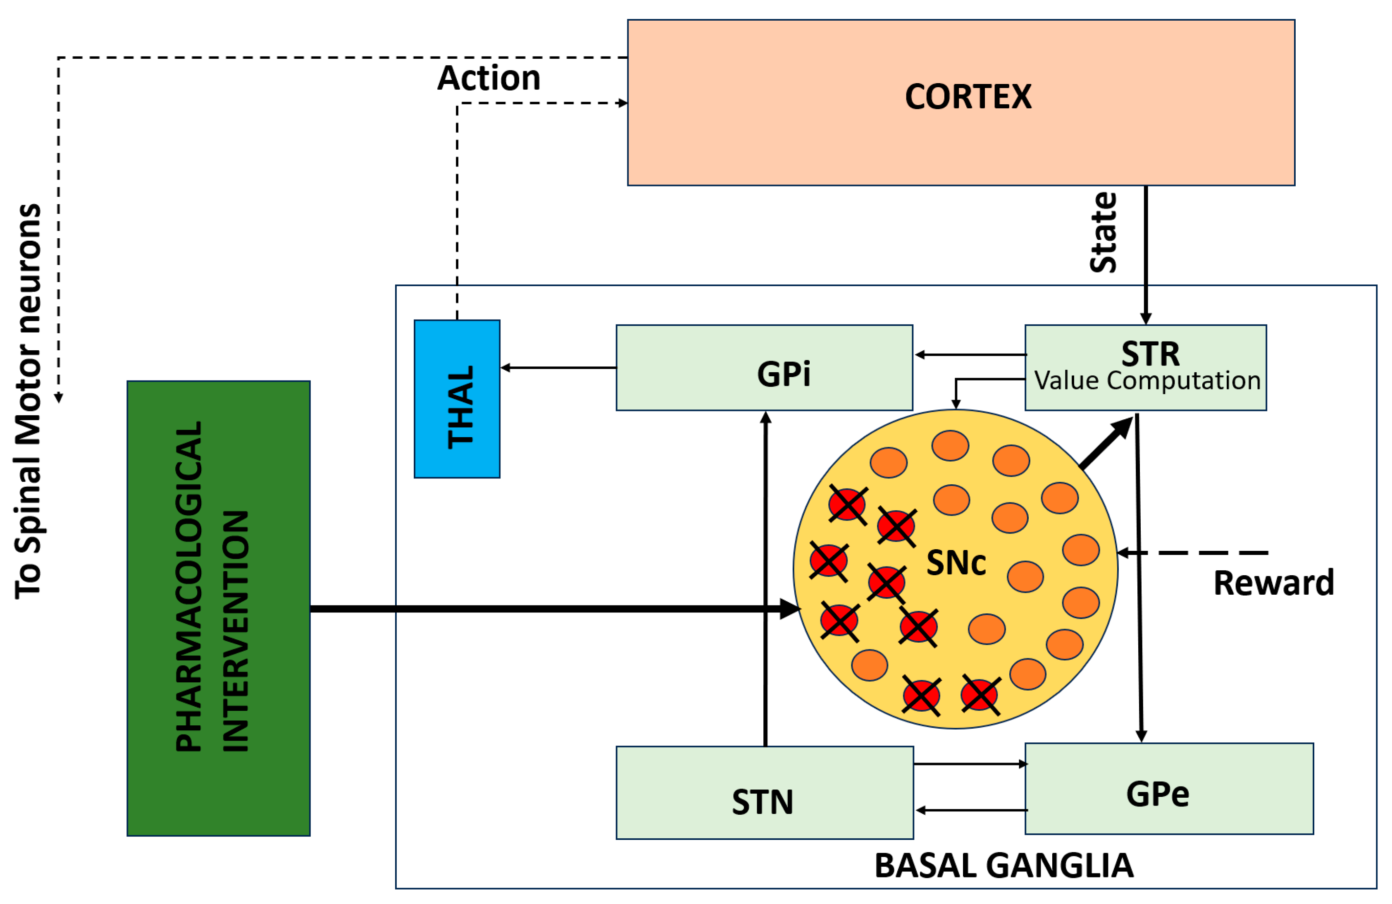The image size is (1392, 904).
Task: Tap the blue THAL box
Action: [457, 399]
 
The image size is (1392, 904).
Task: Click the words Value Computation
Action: [1146, 381]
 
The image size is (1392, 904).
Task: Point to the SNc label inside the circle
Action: [956, 563]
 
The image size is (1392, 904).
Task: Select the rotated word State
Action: [1103, 232]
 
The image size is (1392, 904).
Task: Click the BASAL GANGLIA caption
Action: [1003, 866]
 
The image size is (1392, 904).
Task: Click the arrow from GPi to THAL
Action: [558, 368]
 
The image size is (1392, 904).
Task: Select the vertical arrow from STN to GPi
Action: [765, 579]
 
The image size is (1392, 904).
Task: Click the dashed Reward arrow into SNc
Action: [1193, 552]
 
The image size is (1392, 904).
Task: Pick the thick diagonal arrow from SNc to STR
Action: [1106, 443]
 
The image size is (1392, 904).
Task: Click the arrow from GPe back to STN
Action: [971, 811]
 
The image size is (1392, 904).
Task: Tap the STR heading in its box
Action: [1150, 354]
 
